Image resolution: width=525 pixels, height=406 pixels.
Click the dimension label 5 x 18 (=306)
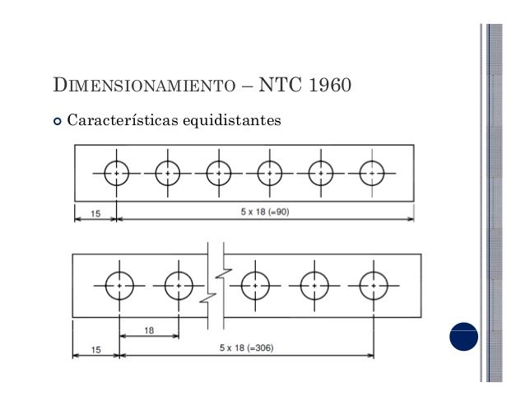tap(247, 348)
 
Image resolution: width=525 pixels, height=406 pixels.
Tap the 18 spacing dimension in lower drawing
tap(149, 330)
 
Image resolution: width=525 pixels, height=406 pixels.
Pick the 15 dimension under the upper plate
tap(95, 213)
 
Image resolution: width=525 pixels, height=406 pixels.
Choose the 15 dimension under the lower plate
tap(95, 350)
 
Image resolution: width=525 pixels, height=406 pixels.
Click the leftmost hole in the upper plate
tap(117, 174)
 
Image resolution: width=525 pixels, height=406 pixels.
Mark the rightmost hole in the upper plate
tap(372, 174)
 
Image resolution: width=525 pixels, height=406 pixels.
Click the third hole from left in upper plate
tap(219, 174)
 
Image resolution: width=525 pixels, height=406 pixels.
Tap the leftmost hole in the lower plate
tap(120, 285)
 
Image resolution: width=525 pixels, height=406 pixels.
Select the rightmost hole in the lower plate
tap(374, 285)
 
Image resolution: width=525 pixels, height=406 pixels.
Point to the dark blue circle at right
tap(463, 336)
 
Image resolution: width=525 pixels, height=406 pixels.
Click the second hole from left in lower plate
tap(179, 285)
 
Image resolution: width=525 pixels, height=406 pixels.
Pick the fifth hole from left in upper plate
tap(321, 174)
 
